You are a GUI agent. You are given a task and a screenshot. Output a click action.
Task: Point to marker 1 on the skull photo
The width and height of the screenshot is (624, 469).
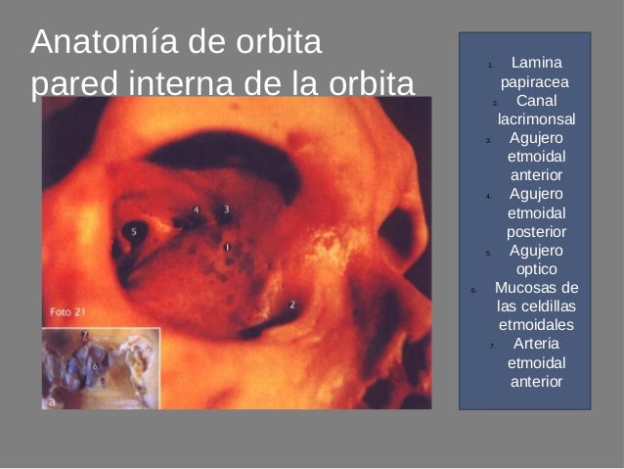(228, 248)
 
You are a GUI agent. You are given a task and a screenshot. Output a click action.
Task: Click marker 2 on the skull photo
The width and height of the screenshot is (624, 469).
(292, 305)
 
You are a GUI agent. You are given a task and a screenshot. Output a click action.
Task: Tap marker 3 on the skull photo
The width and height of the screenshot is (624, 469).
(227, 209)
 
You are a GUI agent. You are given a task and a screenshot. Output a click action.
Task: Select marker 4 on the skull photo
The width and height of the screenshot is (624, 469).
(196, 210)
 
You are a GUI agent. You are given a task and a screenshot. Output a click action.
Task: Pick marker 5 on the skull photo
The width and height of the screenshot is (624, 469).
(134, 231)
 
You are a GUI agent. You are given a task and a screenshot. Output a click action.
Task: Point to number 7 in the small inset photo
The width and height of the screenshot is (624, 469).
(85, 335)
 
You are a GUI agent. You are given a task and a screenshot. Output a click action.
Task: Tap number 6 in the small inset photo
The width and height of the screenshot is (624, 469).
(94, 364)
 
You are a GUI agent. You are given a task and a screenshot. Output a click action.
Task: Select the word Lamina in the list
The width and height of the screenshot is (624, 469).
(536, 64)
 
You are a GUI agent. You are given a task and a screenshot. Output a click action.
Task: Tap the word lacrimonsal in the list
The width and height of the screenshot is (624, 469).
(536, 119)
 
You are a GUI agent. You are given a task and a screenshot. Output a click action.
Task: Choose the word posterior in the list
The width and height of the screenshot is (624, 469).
(536, 231)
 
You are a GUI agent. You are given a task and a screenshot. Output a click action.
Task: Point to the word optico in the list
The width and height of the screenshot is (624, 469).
(536, 268)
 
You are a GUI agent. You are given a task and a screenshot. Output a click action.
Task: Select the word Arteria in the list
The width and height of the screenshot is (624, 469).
(536, 344)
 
